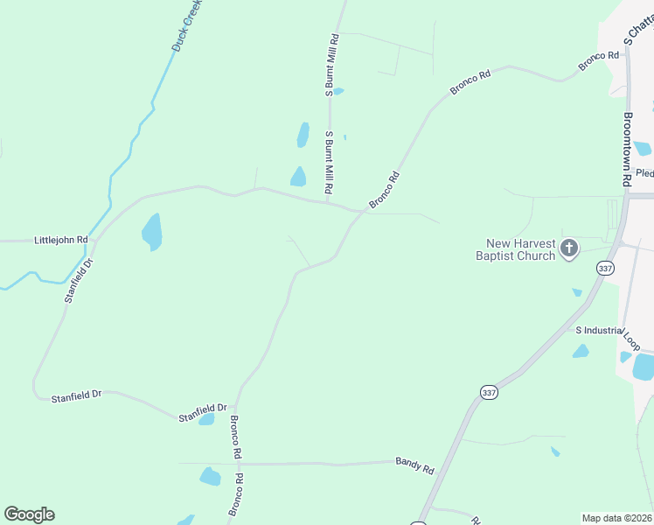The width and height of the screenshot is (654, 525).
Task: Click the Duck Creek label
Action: pyautogui.click(x=187, y=26)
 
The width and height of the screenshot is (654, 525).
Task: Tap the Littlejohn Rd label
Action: pyautogui.click(x=61, y=240)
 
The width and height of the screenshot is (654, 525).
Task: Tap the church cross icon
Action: pyautogui.click(x=569, y=249)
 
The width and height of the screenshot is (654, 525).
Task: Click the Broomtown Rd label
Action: pyautogui.click(x=628, y=150)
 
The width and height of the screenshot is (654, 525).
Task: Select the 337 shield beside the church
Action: pyautogui.click(x=604, y=268)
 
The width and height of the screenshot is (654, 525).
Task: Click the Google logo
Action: pyautogui.click(x=29, y=514)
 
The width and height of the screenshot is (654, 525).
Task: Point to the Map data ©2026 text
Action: pyautogui.click(x=616, y=518)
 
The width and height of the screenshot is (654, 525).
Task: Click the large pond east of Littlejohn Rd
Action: pyautogui.click(x=152, y=232)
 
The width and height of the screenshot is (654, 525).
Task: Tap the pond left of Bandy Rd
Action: pyautogui.click(x=210, y=477)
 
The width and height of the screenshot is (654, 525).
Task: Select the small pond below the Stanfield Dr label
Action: pyautogui.click(x=206, y=420)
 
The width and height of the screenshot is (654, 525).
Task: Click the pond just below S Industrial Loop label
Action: pyautogui.click(x=581, y=352)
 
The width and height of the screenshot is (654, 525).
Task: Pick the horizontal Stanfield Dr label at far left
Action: pyautogui.click(x=77, y=395)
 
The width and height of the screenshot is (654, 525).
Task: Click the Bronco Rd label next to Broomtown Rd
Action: pyautogui.click(x=599, y=61)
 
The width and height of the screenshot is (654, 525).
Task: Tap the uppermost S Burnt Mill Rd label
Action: pyautogui.click(x=332, y=65)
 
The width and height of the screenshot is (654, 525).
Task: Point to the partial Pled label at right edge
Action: pyautogui.click(x=644, y=173)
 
